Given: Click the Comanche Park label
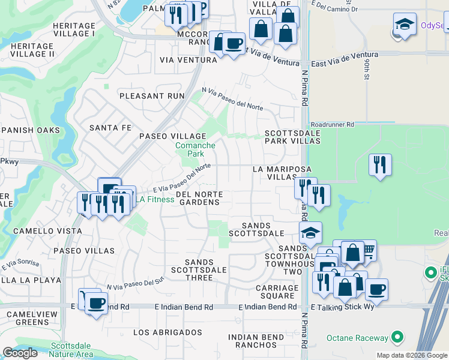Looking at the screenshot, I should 195,149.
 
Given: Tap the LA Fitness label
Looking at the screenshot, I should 153,199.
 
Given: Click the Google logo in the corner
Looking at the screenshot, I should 20,353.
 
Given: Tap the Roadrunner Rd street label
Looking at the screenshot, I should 329,124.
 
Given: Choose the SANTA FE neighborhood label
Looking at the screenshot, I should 110,128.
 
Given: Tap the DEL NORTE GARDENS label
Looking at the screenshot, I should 199,199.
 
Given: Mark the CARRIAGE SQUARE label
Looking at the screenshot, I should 277,292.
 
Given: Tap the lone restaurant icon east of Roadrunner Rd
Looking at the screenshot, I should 380,164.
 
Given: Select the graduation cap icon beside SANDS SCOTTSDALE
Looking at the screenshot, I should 310,232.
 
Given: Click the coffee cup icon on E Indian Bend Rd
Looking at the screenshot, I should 96,302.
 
